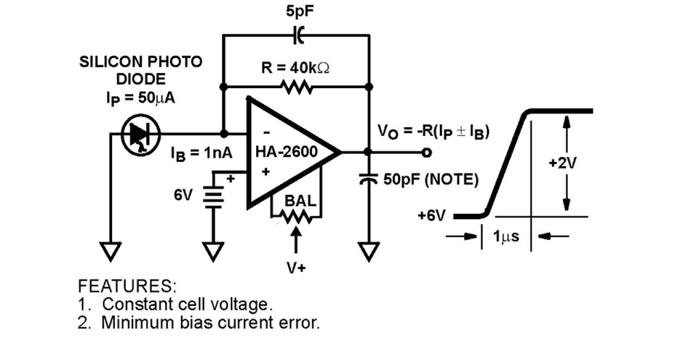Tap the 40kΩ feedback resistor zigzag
point(295,86)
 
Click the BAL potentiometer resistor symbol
point(295,216)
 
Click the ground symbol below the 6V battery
point(213,251)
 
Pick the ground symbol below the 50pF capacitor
point(369,251)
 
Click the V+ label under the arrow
point(295,268)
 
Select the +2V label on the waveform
point(566,163)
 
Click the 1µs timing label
point(506,237)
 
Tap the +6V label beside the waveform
point(431,216)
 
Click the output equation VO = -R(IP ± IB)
point(434,132)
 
